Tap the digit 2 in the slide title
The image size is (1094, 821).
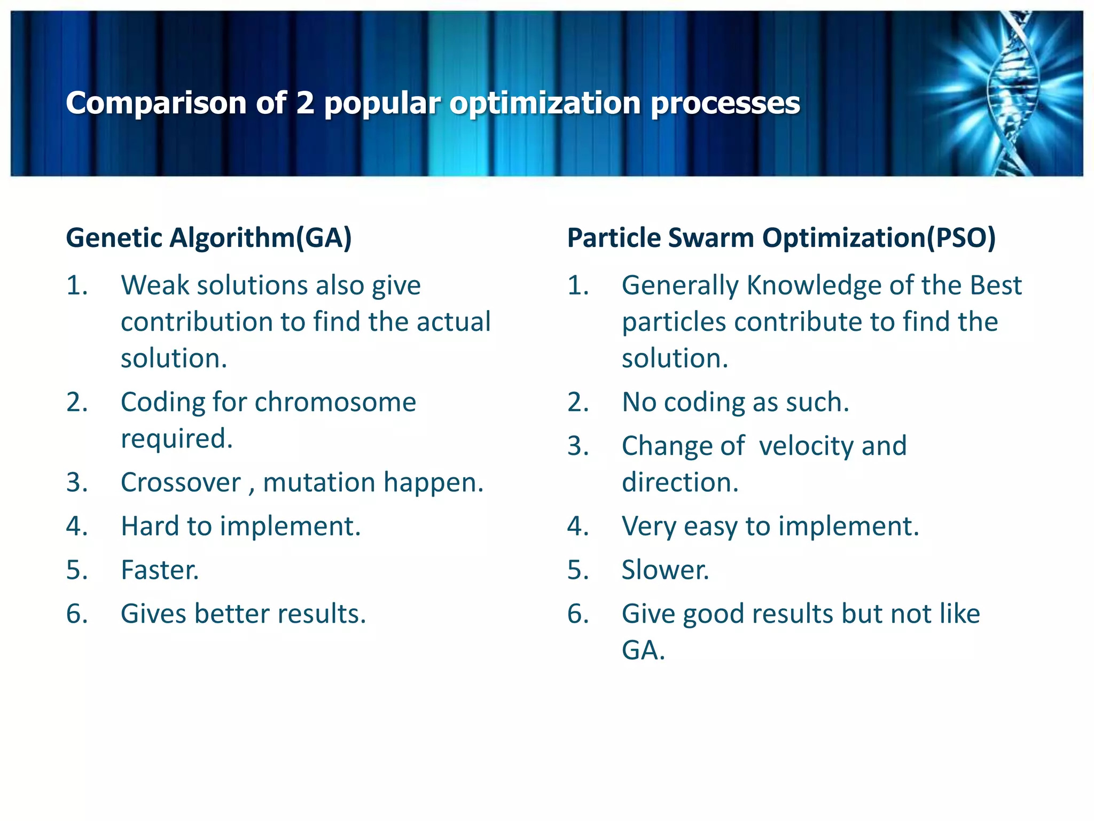point(305,103)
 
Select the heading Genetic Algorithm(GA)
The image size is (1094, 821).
point(208,238)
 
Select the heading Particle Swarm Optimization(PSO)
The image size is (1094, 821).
point(781,238)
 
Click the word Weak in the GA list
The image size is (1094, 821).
point(154,285)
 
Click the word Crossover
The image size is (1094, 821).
point(181,483)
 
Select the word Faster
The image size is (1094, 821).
point(160,570)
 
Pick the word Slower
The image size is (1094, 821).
point(665,570)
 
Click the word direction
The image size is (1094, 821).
point(679,483)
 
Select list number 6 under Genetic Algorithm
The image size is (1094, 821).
point(77,614)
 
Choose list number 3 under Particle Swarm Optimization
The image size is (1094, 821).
point(578,446)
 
